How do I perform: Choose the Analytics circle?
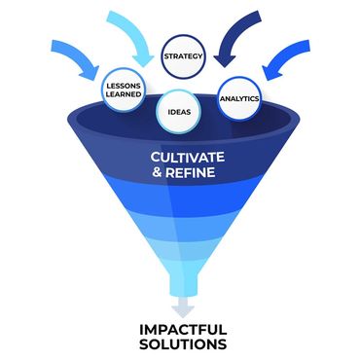(x=239, y=99)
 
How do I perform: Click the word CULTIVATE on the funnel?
(x=187, y=157)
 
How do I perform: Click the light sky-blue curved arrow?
(x=126, y=34)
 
